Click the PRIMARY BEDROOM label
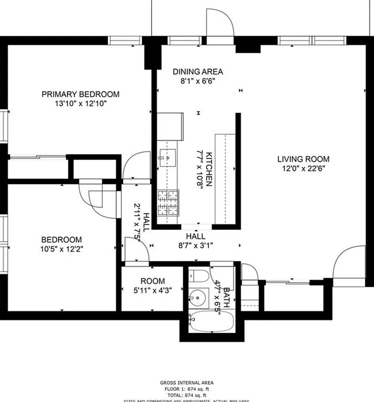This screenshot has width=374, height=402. point(80,94)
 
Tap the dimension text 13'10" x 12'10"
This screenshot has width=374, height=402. point(80,104)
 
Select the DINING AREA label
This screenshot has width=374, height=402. point(198,71)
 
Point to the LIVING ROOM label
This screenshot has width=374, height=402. point(303,159)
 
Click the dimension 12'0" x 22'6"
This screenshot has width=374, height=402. point(303,169)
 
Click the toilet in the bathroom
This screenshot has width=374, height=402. point(198,276)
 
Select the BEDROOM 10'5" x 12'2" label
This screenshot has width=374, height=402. point(61,240)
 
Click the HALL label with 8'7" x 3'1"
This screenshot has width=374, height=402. point(196,236)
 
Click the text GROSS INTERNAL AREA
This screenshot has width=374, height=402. point(188,382)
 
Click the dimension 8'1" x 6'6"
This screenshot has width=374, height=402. point(198,81)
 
